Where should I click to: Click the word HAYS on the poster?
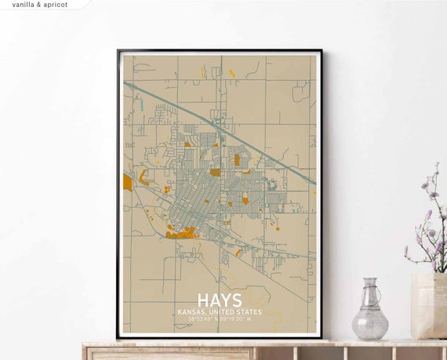tap(220, 301)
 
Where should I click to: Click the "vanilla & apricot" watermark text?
tap(40, 5)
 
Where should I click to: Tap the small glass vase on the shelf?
tap(369, 314)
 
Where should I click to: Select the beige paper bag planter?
tap(428, 305)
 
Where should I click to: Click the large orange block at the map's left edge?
tap(127, 183)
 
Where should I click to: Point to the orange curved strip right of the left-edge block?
tap(144, 178)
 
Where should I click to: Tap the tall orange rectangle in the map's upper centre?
tap(236, 160)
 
